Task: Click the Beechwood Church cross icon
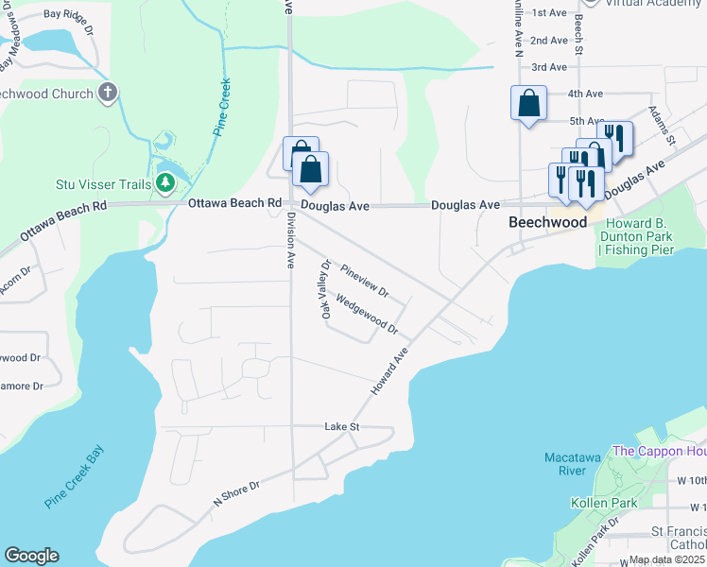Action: click(x=109, y=94)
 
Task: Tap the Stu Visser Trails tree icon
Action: click(x=166, y=182)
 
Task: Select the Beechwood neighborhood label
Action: click(x=547, y=222)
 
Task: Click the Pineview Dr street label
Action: click(x=365, y=280)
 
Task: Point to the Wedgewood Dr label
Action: click(x=367, y=317)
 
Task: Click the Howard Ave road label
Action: click(x=388, y=371)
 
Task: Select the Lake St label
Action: click(x=342, y=427)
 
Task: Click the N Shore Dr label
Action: click(x=235, y=491)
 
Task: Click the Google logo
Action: click(x=31, y=556)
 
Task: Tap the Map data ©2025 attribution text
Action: click(x=667, y=559)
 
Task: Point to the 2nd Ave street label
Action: click(x=548, y=41)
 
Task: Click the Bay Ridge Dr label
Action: click(x=69, y=15)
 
